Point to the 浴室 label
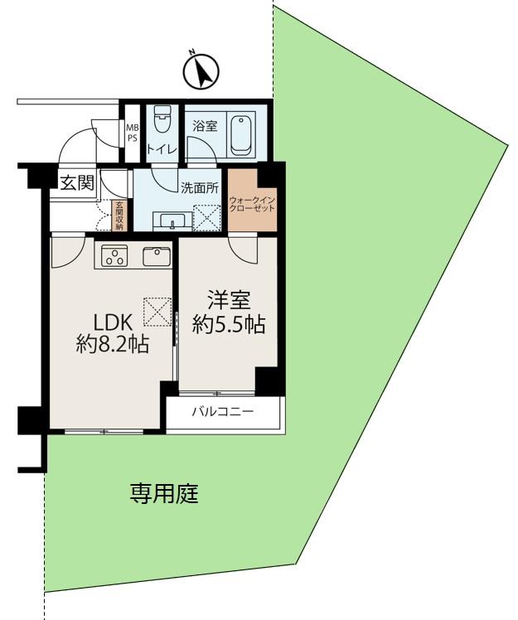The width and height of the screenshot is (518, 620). (204, 126)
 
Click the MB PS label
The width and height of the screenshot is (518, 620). (132, 133)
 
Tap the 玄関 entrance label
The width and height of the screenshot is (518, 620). (76, 183)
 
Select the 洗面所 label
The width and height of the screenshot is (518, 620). (199, 187)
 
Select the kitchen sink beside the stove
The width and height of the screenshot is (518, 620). (156, 257)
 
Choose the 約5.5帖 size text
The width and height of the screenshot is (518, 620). (229, 325)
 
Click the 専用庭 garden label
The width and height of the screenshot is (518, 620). (164, 495)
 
